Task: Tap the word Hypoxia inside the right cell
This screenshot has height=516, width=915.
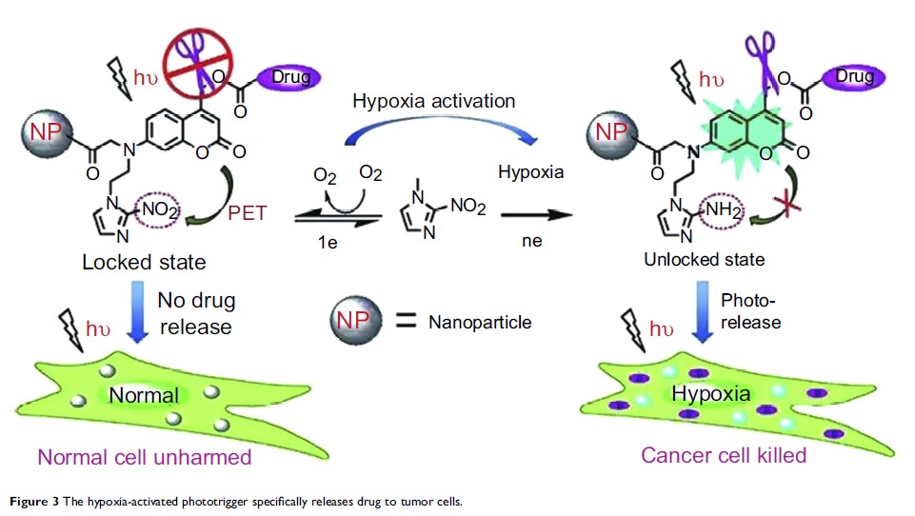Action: (x=711, y=393)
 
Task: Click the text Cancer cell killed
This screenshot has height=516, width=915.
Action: (x=724, y=455)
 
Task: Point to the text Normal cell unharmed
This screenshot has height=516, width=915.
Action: (x=145, y=457)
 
